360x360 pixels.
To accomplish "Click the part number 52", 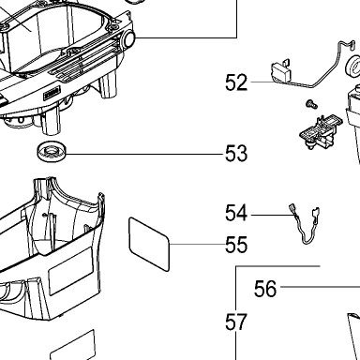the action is pyautogui.click(x=236, y=82).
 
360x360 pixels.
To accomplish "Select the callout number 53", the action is pyautogui.click(x=236, y=154).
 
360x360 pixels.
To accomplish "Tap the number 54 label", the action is pyautogui.click(x=236, y=213).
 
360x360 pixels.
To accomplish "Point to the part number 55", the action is pyautogui.click(x=236, y=245).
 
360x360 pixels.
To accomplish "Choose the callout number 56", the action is pyautogui.click(x=265, y=289).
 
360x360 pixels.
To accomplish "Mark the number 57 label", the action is pyautogui.click(x=236, y=322).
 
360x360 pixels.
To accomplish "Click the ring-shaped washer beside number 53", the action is pyautogui.click(x=52, y=151).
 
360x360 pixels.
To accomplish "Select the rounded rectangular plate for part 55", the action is pyautogui.click(x=149, y=244).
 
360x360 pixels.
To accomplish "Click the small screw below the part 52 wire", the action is pyautogui.click(x=311, y=104).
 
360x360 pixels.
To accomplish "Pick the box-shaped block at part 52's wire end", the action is pyautogui.click(x=281, y=70).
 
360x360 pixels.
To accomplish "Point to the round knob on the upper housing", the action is pyautogui.click(x=128, y=38).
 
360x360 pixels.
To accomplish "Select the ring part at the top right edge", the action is pyautogui.click(x=353, y=67).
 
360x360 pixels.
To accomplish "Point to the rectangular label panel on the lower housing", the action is pyautogui.click(x=71, y=271).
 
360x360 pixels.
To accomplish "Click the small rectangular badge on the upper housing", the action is pyautogui.click(x=52, y=94).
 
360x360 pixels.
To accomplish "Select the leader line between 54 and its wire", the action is pyautogui.click(x=271, y=215).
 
